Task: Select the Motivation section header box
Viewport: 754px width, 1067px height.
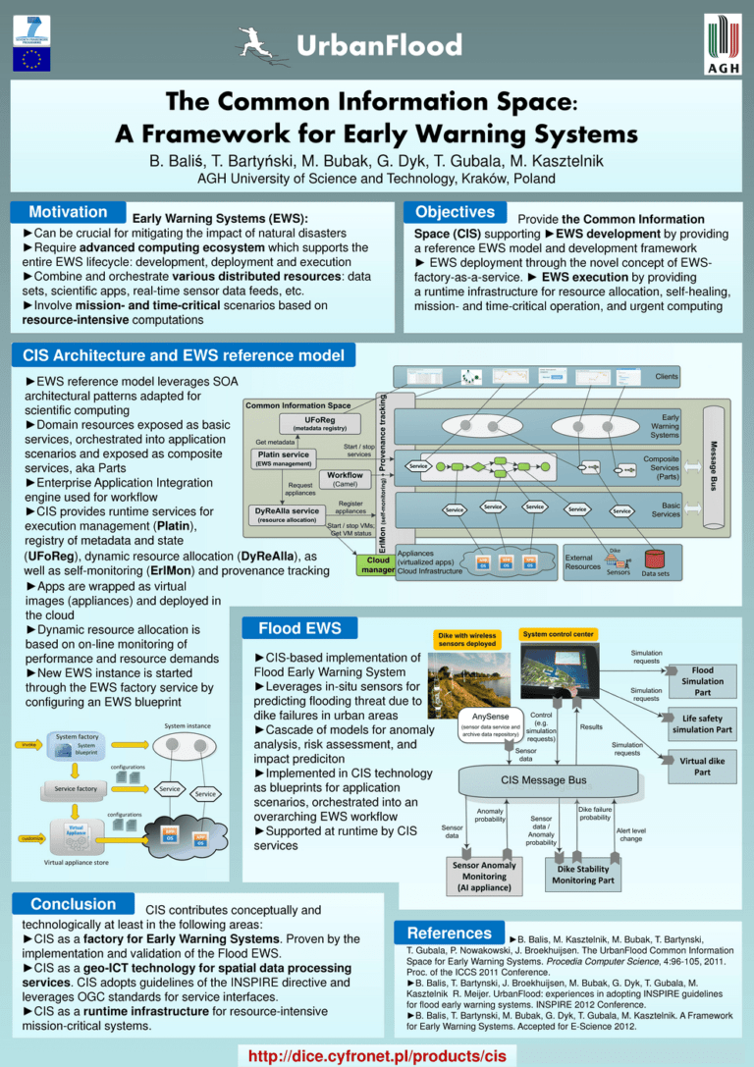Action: [x=68, y=212]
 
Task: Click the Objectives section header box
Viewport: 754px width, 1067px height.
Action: [x=455, y=212]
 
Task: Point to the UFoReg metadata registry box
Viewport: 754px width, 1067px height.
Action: [x=321, y=423]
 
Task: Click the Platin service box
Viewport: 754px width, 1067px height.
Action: [x=283, y=458]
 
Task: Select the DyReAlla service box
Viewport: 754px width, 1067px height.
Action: [x=286, y=514]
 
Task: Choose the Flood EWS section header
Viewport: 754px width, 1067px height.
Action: [x=300, y=628]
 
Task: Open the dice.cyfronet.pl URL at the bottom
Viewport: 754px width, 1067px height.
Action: [x=385, y=1055]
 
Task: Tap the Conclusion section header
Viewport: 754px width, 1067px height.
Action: [x=73, y=903]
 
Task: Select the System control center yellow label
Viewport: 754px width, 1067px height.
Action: [x=565, y=634]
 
